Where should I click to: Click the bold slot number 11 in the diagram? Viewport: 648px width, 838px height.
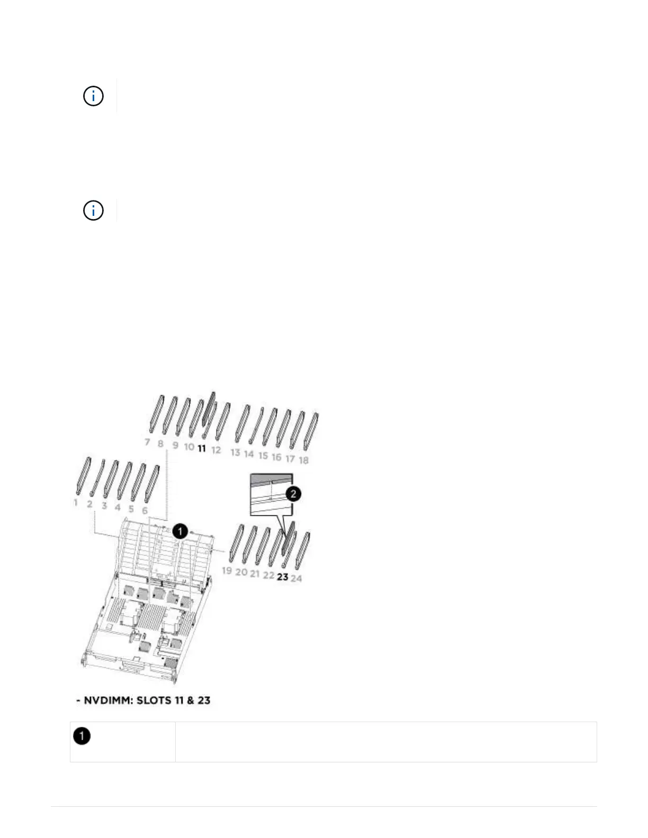202,449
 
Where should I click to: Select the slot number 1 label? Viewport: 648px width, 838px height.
76,503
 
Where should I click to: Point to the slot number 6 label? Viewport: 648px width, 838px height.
145,511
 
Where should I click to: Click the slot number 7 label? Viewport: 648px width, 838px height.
147,442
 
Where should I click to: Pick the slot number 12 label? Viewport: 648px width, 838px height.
216,450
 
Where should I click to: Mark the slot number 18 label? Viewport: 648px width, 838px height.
304,460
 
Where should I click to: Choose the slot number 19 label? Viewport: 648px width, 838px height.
227,570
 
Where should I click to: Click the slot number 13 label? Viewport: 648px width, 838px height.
236,452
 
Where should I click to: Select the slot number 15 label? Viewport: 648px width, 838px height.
263,456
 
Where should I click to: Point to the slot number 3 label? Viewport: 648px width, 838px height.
104,506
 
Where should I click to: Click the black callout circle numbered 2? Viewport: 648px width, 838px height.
293,494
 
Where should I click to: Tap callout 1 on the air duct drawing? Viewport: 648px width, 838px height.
180,531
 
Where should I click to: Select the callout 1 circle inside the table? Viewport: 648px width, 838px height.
82,736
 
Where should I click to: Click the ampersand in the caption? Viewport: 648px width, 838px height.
190,700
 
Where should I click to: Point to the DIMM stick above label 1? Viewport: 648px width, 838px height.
84,476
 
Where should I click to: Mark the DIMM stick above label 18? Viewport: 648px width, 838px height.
311,432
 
